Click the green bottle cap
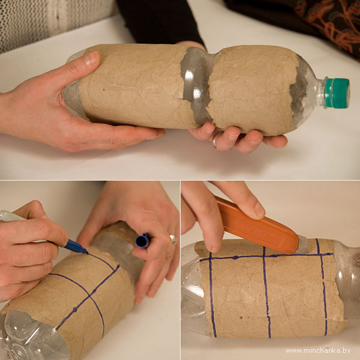pyautogui.click(x=337, y=93)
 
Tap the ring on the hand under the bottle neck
pyautogui.click(x=214, y=144)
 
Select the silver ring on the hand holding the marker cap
pyautogui.click(x=173, y=239)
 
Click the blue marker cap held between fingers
pyautogui.click(x=143, y=241)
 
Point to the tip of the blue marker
pyautogui.click(x=87, y=253)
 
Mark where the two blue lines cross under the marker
pyautogui.click(x=89, y=296)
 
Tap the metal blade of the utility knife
pyautogui.click(x=302, y=245)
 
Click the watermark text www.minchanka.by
pyautogui.click(x=318, y=351)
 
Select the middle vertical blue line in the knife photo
pyautogui.click(x=266, y=293)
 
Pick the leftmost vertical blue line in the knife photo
pyautogui.click(x=212, y=295)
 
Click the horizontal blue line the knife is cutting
pyautogui.click(x=266, y=257)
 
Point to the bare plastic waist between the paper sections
pyautogui.click(x=196, y=86)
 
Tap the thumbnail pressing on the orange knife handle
pyautogui.click(x=259, y=210)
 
